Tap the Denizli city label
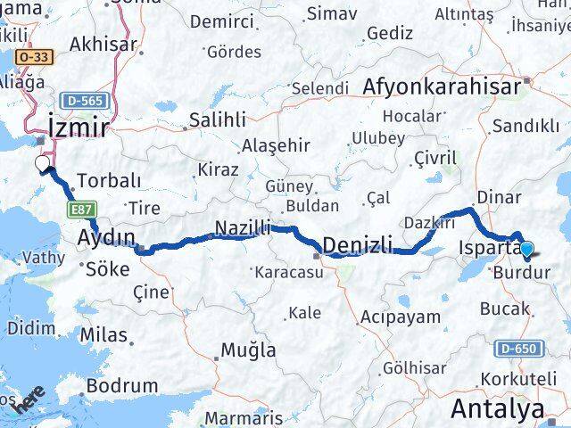point(357,245)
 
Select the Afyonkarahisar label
point(455,86)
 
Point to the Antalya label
point(498,409)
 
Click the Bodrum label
point(123,387)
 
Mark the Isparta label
point(487,247)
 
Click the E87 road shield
point(78,210)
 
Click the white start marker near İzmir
point(41,164)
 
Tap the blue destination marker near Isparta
point(526,251)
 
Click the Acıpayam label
point(401,316)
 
